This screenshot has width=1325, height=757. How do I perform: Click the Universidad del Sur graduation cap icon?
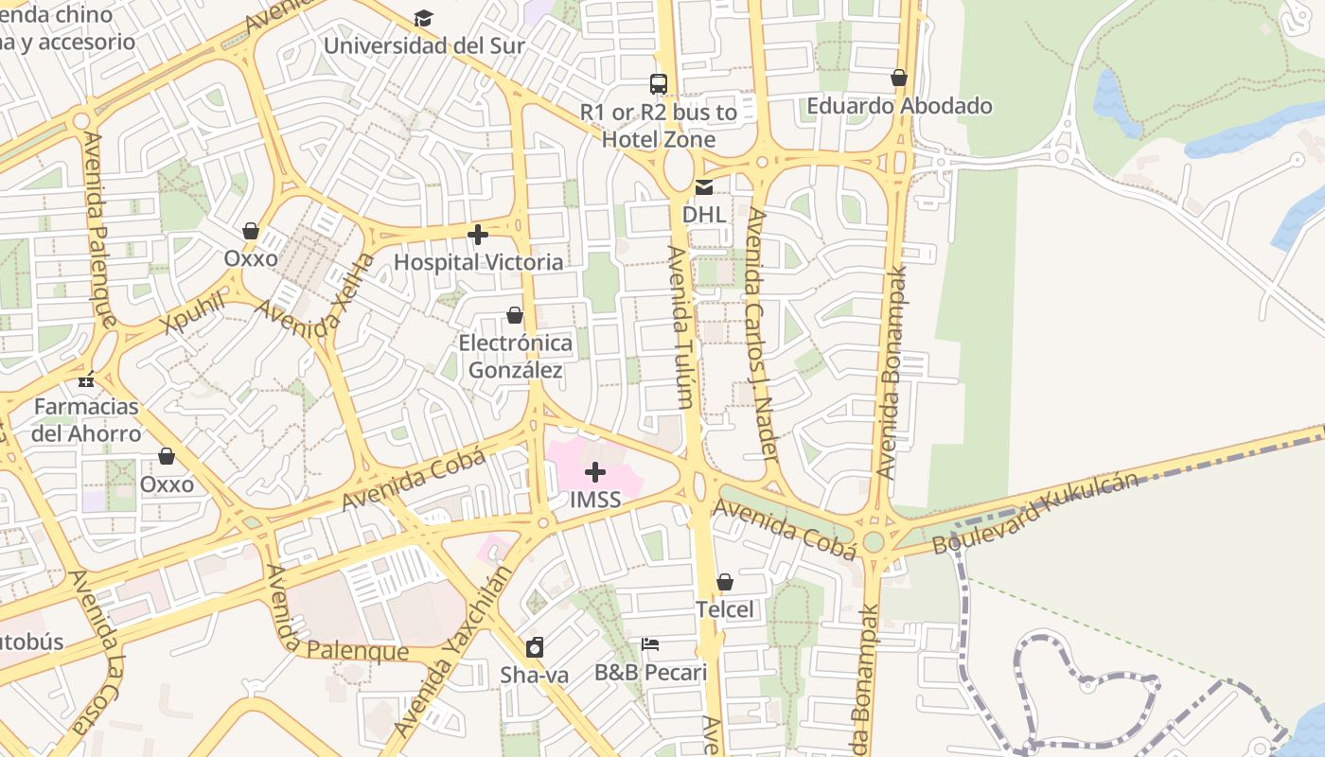point(423,19)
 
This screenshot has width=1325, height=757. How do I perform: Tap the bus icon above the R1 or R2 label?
point(659,84)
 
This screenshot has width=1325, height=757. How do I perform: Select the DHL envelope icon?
point(704,187)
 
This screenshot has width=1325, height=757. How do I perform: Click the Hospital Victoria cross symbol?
point(478,234)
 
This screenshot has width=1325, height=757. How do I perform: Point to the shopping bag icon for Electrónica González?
point(515,315)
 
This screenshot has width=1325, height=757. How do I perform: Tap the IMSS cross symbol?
point(595,471)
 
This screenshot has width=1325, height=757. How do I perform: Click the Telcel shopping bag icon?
point(725,582)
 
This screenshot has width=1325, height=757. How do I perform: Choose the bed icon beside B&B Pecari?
point(650,644)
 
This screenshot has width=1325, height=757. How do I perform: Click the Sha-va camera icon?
point(535,647)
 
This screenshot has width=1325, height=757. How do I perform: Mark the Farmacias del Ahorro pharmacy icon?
point(86,380)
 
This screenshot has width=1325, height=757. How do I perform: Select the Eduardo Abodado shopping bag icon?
point(899,78)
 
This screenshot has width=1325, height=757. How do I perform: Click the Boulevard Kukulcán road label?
point(1035,514)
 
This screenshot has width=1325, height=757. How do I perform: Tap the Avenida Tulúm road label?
point(680,327)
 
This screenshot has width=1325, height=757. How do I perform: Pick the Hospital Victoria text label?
point(478,262)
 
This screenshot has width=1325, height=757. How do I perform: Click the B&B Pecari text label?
point(650,673)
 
